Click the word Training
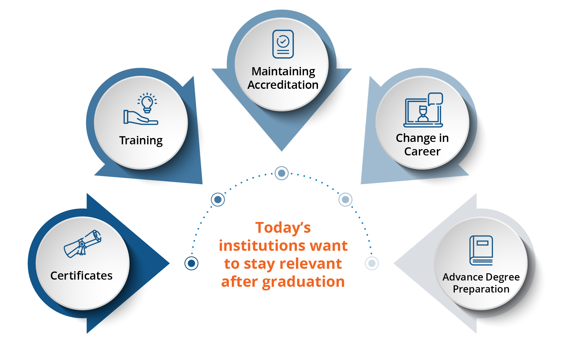pos(141,141)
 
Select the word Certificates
pos(81,275)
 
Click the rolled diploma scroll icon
pos(83,244)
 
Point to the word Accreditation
pos(283,85)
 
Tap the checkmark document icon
pos(283,44)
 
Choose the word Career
pos(422,151)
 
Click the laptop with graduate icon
pos(423,110)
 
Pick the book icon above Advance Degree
pos(481,250)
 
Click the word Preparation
pos(481,289)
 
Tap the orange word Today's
pos(283,227)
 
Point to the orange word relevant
pos(311,264)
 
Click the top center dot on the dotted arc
pos(282,173)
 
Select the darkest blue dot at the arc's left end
pos(192,263)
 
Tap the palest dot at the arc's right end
pos(372,263)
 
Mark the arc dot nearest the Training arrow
pos(218,199)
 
